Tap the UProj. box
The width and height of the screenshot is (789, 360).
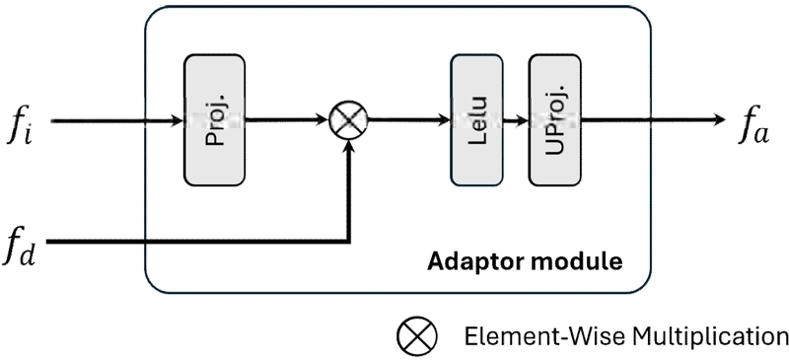pyautogui.click(x=553, y=120)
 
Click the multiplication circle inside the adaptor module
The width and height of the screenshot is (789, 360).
pyautogui.click(x=347, y=121)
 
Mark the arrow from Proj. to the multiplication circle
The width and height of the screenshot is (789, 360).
pyautogui.click(x=286, y=121)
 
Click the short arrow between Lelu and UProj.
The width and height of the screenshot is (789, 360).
pyautogui.click(x=516, y=121)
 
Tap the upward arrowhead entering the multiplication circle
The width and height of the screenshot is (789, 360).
pyautogui.click(x=347, y=147)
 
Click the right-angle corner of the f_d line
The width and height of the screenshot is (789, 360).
pyautogui.click(x=347, y=241)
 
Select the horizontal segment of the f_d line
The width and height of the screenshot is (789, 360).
pyautogui.click(x=197, y=241)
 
